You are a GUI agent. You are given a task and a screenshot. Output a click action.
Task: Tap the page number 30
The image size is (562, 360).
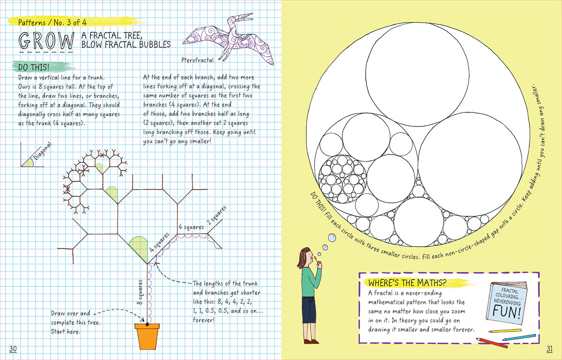(x=13, y=348)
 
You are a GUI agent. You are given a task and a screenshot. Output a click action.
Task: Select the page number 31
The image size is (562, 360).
(x=549, y=348)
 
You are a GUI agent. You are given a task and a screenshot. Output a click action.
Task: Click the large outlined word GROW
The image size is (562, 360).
(x=46, y=41)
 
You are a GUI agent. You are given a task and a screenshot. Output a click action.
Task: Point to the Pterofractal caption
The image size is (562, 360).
(x=198, y=60)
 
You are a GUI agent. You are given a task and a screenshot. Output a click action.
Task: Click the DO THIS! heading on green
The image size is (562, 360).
(x=34, y=67)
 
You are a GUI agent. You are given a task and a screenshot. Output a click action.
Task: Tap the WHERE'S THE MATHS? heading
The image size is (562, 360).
(x=407, y=283)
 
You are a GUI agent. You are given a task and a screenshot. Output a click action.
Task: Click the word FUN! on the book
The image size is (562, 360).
(x=507, y=312)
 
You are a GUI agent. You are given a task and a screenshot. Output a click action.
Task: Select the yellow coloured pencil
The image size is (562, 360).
(x=505, y=331)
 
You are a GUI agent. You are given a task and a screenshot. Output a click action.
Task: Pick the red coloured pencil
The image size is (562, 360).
(x=492, y=343)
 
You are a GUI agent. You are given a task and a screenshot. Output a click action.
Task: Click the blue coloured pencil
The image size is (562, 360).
(x=519, y=337)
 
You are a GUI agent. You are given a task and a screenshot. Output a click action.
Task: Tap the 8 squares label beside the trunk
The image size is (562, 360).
(x=140, y=292)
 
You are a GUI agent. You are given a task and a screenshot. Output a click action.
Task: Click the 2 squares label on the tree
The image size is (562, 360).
(x=216, y=215)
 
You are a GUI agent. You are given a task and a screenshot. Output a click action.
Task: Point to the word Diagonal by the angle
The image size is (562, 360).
(x=43, y=151)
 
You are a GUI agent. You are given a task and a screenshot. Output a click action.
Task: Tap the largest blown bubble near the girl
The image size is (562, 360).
(x=332, y=238)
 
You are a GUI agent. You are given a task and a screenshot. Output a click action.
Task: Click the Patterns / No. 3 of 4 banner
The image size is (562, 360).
(x=52, y=22)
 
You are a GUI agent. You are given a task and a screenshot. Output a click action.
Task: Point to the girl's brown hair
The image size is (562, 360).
(x=303, y=257)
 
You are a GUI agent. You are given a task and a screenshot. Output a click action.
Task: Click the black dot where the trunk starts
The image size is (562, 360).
(x=147, y=324)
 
